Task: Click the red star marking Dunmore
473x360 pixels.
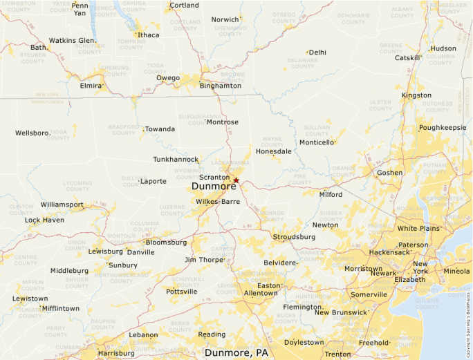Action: tap(236, 180)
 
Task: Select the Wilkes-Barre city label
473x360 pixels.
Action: tap(217, 202)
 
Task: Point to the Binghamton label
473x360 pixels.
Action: tap(220, 86)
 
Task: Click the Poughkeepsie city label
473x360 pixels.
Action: tap(443, 128)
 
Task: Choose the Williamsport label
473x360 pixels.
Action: tap(62, 205)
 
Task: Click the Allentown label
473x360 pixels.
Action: tap(261, 293)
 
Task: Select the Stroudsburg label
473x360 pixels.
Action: tap(294, 236)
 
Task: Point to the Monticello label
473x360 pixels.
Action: tap(317, 142)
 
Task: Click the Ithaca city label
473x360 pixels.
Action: tap(148, 35)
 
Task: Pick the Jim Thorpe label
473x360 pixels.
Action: tap(203, 260)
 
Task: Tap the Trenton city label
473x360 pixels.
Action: tap(338, 354)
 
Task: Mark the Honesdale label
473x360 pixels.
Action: tap(273, 151)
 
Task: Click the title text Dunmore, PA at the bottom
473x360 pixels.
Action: tap(236, 352)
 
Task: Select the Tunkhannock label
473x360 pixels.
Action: tap(176, 160)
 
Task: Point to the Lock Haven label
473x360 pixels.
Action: tap(44, 220)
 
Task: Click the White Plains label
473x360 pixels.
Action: tap(418, 228)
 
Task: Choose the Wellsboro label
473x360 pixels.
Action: tap(33, 133)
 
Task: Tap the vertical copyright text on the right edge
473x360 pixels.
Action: tap(468, 317)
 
